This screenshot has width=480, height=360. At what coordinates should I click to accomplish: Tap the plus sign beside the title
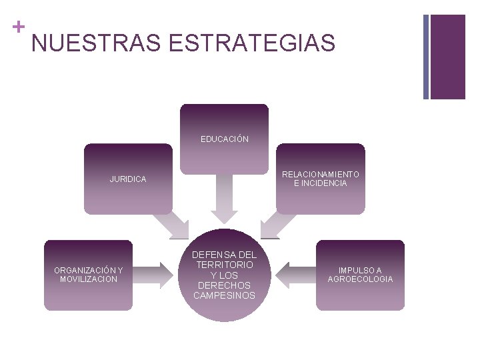coord(17,27)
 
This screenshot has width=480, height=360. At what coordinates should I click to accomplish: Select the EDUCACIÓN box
coord(225,139)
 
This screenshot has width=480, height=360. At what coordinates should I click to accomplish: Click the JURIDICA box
coord(128,179)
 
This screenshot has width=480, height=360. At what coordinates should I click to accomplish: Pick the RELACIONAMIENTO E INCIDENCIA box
coord(321,179)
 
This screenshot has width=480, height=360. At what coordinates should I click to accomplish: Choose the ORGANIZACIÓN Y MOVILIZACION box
coord(89,275)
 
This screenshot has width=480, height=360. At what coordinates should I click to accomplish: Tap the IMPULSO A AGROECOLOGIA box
coord(360,275)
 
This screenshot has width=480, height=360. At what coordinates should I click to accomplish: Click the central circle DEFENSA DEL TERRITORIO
coord(225,275)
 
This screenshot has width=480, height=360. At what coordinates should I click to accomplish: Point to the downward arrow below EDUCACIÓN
coord(225,197)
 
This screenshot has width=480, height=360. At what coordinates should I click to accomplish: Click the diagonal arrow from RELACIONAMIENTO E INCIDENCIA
coord(277,223)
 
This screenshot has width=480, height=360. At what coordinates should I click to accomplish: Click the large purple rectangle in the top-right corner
coord(448,57)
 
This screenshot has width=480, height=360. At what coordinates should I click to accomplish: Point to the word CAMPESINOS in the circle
coord(225,295)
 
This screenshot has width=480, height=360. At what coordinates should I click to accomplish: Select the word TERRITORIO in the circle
coord(225,265)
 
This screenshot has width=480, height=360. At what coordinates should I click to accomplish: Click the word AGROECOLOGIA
coord(360,279)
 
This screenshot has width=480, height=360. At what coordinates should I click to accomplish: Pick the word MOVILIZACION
coord(89,279)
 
